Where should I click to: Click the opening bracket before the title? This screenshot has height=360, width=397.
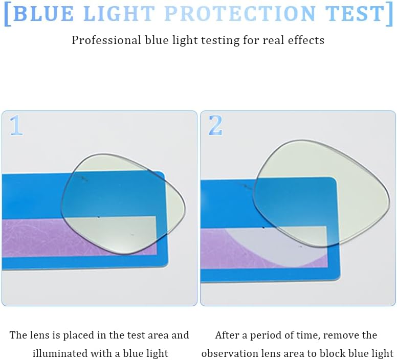tap(7, 14)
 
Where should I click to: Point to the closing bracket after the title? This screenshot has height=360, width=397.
tap(390, 14)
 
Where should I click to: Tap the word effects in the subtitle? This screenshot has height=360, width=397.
tap(305, 40)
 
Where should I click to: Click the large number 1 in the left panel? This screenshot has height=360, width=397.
tap(16, 126)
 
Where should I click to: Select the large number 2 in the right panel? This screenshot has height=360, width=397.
tap(215, 126)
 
